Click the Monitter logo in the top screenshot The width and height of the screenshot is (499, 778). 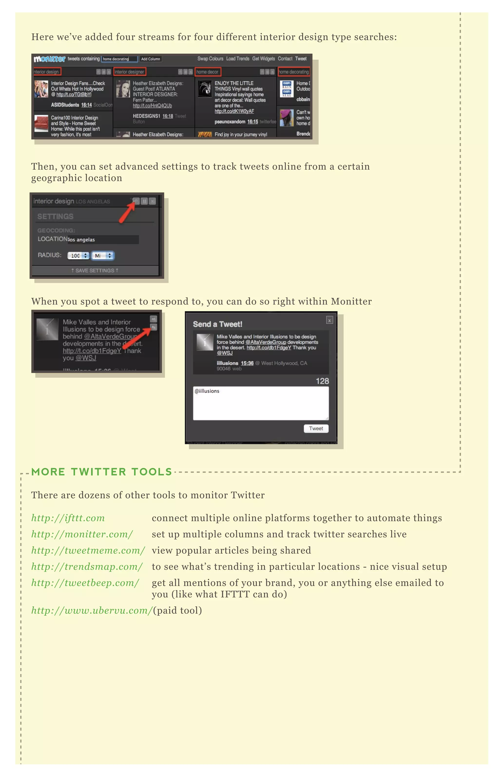pyautogui.click(x=49, y=59)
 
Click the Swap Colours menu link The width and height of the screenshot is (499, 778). pyautogui.click(x=210, y=59)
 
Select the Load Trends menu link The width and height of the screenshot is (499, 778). pyautogui.click(x=238, y=59)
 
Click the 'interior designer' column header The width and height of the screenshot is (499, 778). pyautogui.click(x=130, y=72)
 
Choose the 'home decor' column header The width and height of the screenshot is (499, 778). pyautogui.click(x=208, y=72)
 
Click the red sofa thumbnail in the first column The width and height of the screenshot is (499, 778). pyautogui.click(x=41, y=123)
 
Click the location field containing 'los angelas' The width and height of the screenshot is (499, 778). pyautogui.click(x=103, y=239)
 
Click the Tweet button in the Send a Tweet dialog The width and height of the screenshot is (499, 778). pyautogui.click(x=316, y=428)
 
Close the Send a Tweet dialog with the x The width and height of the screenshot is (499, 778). pyautogui.click(x=329, y=320)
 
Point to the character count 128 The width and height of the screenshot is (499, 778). pyautogui.click(x=322, y=381)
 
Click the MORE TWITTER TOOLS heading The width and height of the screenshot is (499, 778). pyautogui.click(x=101, y=472)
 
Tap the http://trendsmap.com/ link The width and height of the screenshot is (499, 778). pyautogui.click(x=87, y=566)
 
